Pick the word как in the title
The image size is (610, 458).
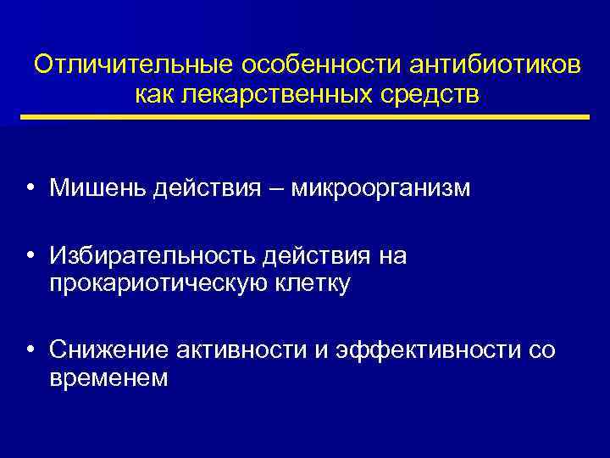[155, 94]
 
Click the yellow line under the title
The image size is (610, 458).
[305, 116]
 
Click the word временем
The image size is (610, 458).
[108, 378]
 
